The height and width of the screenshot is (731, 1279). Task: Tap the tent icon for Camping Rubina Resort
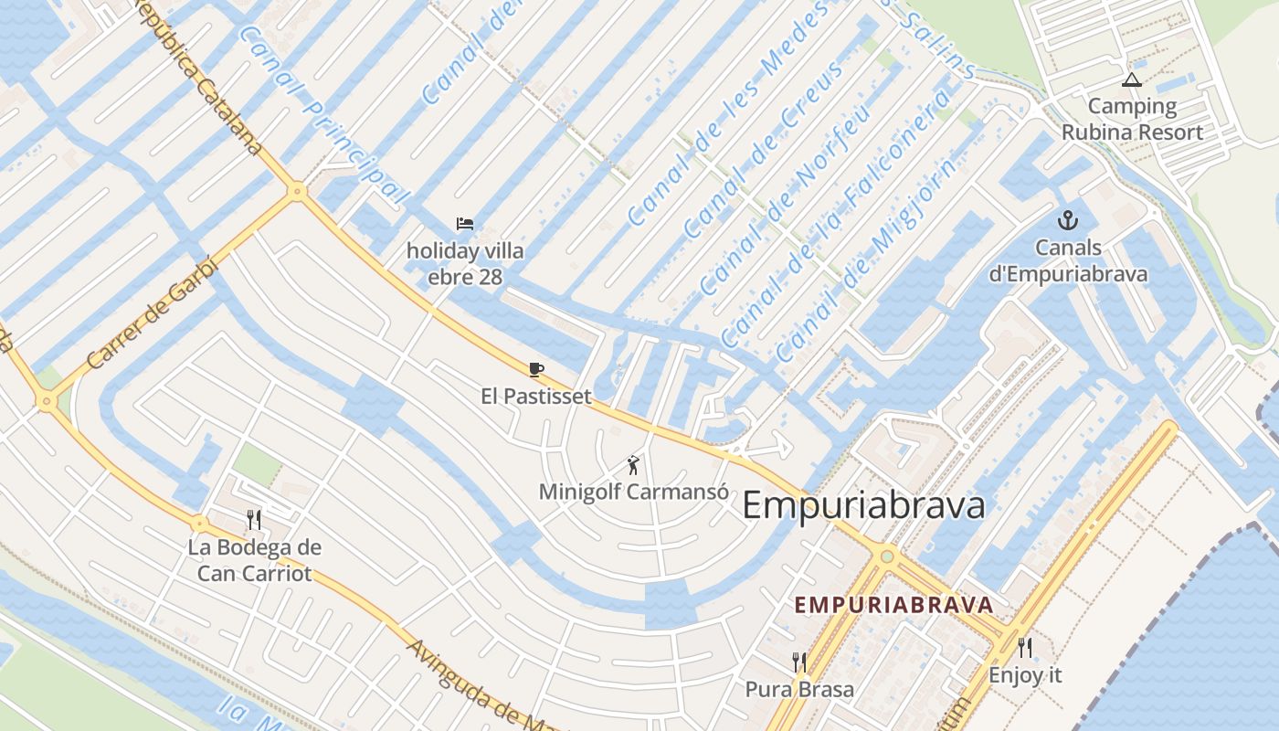(1132, 80)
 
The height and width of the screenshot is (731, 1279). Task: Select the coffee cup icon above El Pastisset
(536, 369)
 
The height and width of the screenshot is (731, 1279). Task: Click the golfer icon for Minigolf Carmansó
(633, 465)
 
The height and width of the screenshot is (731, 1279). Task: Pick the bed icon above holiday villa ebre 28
(465, 223)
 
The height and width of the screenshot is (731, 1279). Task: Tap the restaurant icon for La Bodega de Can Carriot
(254, 520)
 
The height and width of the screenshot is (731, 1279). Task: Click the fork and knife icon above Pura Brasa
(799, 662)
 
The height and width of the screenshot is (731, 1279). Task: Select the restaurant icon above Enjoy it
(1025, 648)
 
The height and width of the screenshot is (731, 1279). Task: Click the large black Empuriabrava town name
(863, 505)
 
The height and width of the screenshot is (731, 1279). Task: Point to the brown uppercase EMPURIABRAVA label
(893, 605)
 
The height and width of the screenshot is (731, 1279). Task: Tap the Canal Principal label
(323, 114)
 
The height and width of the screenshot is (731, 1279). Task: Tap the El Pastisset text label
(536, 397)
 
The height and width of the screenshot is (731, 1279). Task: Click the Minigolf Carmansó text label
(633, 492)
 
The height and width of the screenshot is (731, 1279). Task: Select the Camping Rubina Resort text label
(1132, 119)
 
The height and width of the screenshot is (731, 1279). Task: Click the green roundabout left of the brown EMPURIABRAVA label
(885, 556)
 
